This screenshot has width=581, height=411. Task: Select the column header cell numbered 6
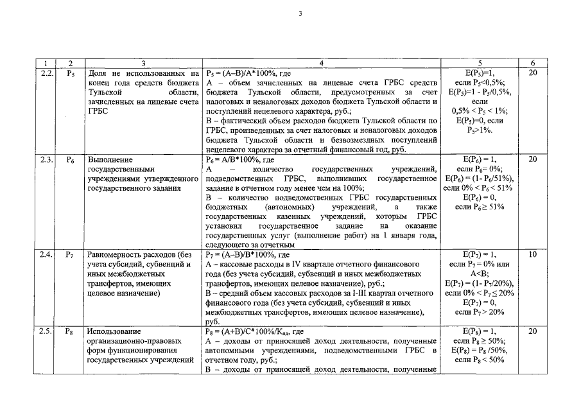(x=533, y=63)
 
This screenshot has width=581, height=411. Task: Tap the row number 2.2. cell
(x=44, y=73)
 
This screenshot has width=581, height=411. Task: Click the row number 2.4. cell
(x=44, y=254)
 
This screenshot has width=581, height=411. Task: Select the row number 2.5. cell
(x=44, y=331)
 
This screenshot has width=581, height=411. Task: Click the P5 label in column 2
(x=71, y=73)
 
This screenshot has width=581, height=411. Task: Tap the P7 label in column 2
(x=71, y=254)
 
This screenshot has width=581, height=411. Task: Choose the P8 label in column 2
(x=71, y=331)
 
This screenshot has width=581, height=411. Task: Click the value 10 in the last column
(x=533, y=254)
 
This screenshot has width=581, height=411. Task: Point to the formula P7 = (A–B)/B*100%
(x=241, y=254)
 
